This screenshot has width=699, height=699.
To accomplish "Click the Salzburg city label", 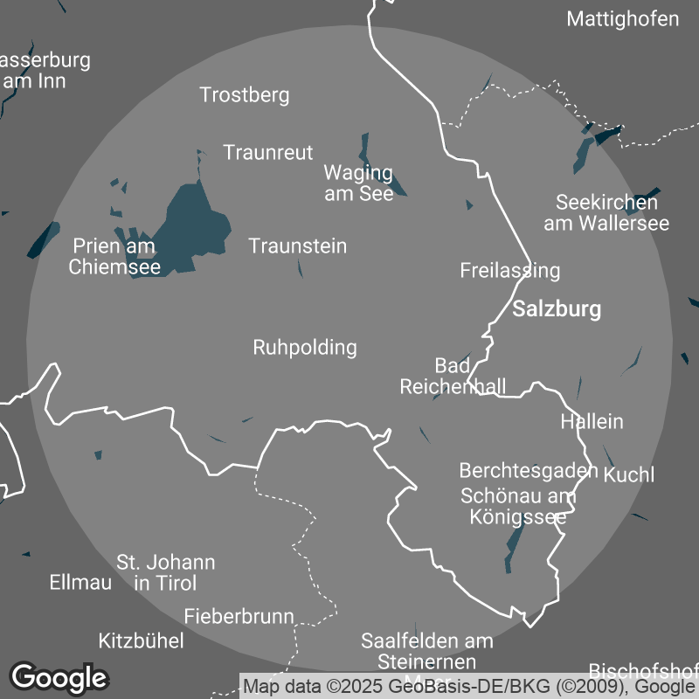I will coord(557,309).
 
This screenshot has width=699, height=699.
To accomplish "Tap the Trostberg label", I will coord(244,95).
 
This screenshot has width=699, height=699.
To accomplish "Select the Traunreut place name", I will coord(267,153).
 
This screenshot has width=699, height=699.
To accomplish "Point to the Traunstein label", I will coord(297,246).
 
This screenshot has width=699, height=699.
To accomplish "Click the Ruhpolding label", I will coord(304,348).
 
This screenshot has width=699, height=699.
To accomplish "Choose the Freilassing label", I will coord(509,271).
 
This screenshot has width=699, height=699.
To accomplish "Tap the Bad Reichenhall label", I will coord(453,376).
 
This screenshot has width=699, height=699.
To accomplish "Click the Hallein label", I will coord(592,422).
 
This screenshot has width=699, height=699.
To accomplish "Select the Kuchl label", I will coord(628,475).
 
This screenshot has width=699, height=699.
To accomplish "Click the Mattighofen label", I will coord(622,19).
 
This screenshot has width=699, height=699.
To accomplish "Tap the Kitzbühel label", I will coord(142,641).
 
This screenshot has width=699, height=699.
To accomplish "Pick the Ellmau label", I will coord(80,582).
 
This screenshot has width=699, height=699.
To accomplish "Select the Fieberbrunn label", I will coord(239,617).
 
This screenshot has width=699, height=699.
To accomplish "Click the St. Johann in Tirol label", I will coord(165,572).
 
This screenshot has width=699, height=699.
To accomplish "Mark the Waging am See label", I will coord(358,183).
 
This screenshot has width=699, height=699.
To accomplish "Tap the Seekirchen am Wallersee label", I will coord(606,213).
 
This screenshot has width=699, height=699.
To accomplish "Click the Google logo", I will coord(59,677).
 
